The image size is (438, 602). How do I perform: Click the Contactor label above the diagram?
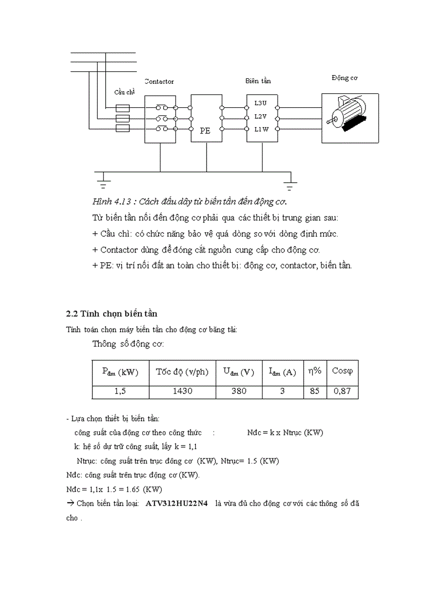click(x=159, y=81)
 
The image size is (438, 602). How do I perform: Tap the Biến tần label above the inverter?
click(x=258, y=81)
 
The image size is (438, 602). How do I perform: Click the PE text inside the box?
click(x=205, y=130)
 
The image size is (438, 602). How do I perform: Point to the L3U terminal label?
click(x=260, y=102)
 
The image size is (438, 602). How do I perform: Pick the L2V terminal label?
click(x=260, y=116)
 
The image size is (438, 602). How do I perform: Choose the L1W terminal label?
click(x=260, y=129)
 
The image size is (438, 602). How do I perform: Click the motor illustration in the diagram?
click(x=349, y=118)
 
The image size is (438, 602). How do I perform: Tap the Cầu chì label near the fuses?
click(x=123, y=92)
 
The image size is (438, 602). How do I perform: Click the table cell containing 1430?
click(x=182, y=391)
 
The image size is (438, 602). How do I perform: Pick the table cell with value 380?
click(x=239, y=391)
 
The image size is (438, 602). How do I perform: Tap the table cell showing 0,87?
click(x=342, y=391)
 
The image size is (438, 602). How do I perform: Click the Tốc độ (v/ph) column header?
click(x=182, y=371)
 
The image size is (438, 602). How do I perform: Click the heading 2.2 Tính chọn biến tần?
click(x=111, y=313)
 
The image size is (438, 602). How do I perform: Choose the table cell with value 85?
click(x=315, y=391)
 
